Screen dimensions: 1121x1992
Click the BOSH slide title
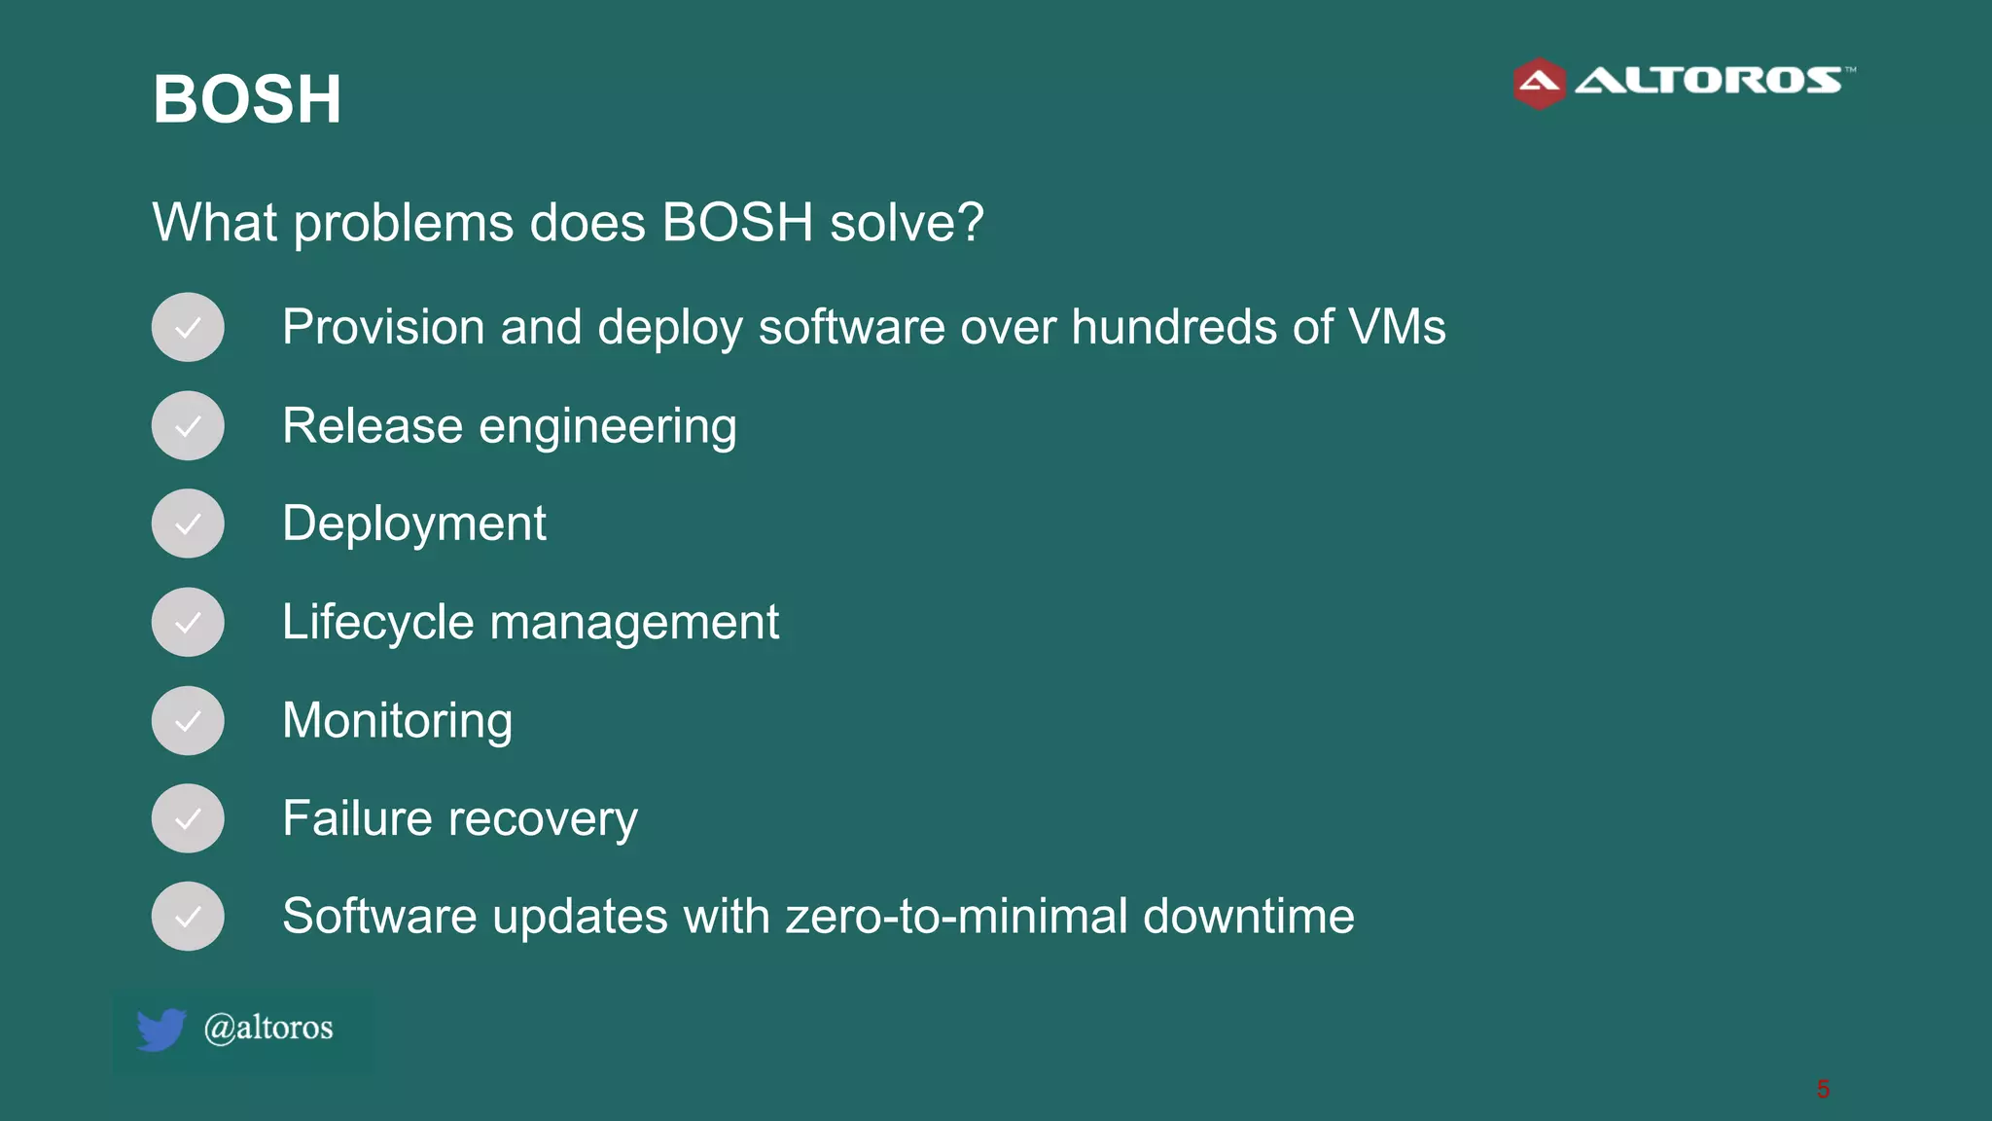[247, 99]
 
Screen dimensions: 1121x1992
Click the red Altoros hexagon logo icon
[1539, 84]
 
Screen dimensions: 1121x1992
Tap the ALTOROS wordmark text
[1708, 81]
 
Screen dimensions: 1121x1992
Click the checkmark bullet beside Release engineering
[188, 426]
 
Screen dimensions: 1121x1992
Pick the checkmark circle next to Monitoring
[188, 721]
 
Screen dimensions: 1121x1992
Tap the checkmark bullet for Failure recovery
[188, 818]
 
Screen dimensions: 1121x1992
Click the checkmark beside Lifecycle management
[188, 622]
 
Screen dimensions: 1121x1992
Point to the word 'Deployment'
[414, 524]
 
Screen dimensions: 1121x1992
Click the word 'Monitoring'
[397, 721]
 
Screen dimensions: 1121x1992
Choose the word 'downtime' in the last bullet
[1248, 917]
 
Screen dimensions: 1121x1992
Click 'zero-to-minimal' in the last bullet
[956, 917]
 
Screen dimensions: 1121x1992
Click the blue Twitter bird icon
[160, 1030]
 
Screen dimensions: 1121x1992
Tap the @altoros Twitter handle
[268, 1028]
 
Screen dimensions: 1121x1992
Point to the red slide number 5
[1823, 1089]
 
